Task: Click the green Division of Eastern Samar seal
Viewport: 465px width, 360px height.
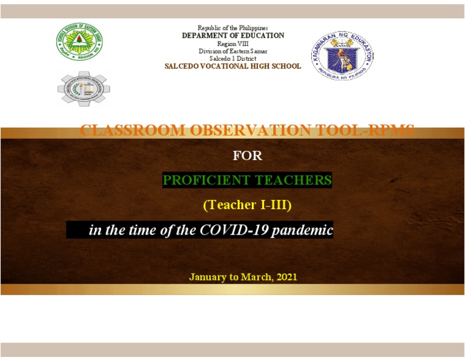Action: coord(79,42)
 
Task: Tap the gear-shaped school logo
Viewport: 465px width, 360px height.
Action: coord(84,88)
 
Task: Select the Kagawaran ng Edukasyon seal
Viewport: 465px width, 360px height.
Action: coord(342,56)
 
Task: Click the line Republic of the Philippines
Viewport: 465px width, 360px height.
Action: coord(232,28)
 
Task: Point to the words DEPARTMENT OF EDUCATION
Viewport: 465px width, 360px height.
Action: coord(232,36)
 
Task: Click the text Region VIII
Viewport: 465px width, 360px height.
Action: coord(232,44)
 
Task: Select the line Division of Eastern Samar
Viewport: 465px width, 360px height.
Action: coord(232,51)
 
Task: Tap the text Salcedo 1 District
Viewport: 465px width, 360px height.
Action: coord(232,58)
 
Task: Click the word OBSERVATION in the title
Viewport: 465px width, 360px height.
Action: coord(242,130)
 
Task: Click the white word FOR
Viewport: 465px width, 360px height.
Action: coord(247,156)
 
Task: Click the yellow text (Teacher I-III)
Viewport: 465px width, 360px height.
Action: coord(247,205)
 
